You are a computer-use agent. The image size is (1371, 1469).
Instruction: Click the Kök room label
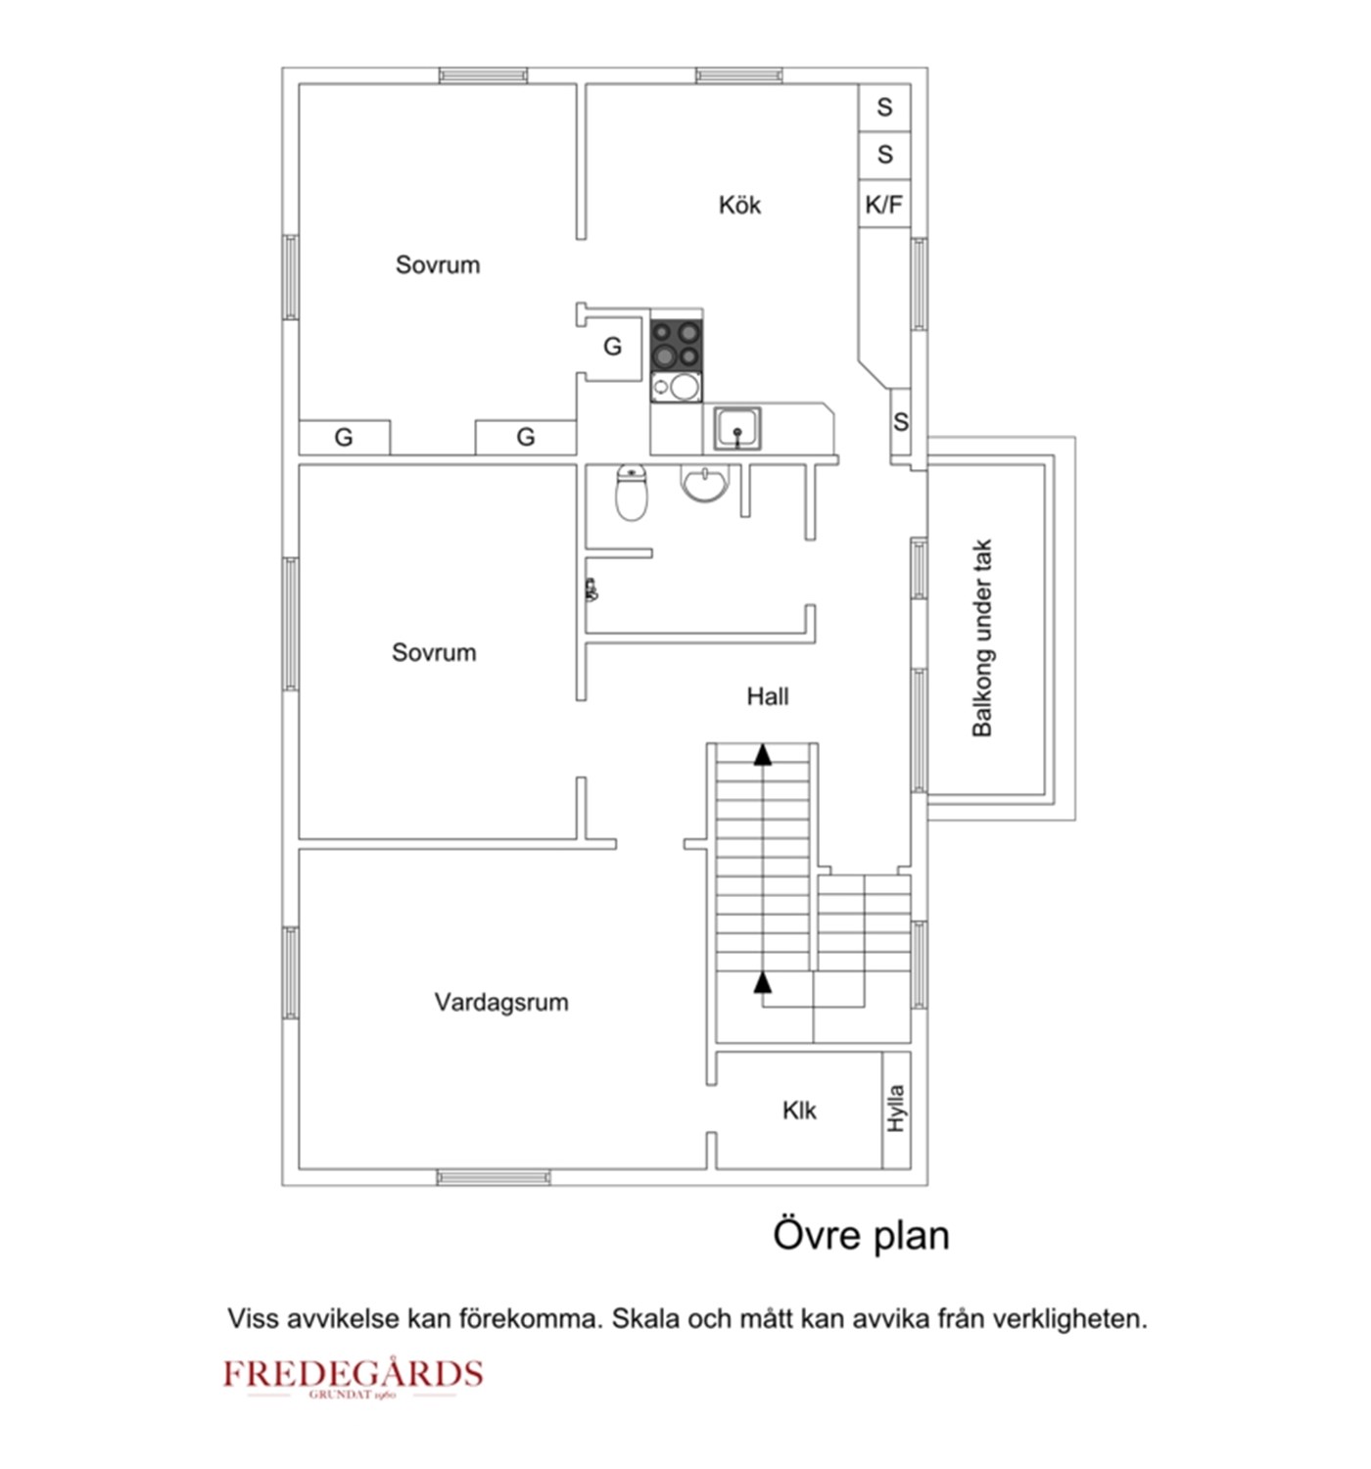click(x=739, y=205)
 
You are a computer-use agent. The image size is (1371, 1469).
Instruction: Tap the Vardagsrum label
click(x=500, y=1002)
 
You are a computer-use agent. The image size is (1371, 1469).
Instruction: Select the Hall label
click(x=767, y=696)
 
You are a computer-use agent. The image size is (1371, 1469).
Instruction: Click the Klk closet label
click(x=798, y=1111)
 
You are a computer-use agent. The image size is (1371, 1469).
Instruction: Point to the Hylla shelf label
click(x=896, y=1109)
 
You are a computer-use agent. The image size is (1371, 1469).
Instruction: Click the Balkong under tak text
click(x=982, y=638)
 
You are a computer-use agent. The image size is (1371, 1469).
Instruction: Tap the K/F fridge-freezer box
click(x=883, y=205)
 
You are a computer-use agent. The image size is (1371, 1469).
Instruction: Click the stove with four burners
click(x=676, y=344)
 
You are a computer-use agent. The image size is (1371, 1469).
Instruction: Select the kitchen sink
click(x=736, y=429)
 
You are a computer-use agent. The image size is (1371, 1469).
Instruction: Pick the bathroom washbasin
click(x=704, y=482)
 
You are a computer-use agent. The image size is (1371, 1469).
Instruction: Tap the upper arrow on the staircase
click(x=762, y=754)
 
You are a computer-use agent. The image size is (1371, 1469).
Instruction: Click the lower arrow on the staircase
click(x=762, y=982)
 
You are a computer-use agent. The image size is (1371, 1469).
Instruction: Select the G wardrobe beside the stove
click(x=612, y=346)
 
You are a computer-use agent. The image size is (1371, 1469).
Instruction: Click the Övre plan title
click(x=861, y=1235)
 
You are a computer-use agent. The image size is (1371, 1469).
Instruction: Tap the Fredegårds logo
click(x=353, y=1376)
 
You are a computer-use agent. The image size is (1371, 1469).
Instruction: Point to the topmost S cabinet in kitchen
click(x=884, y=107)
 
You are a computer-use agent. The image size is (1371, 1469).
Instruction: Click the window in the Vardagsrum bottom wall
click(x=494, y=1176)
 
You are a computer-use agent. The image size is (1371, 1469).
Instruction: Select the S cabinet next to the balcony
click(x=901, y=422)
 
